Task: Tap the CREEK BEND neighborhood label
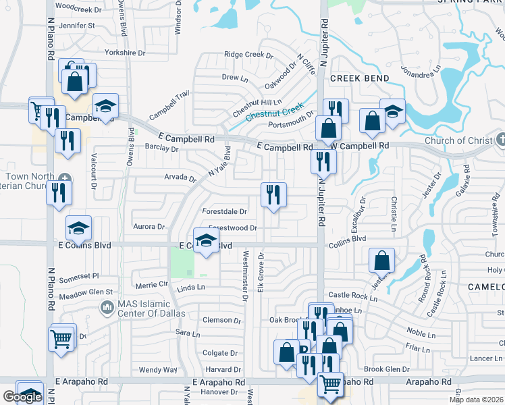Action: coord(360,78)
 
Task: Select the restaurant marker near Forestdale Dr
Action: coord(273,195)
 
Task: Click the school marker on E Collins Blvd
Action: coord(206,241)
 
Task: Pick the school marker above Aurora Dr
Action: coord(79,228)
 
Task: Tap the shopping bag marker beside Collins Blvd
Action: coord(382,260)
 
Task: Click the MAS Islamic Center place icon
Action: coord(107,308)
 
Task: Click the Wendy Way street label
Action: coord(157,370)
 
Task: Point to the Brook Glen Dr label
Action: coord(387,369)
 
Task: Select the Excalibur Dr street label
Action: coord(363,211)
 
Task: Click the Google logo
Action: coord(22,397)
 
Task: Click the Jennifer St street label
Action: coord(77,26)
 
